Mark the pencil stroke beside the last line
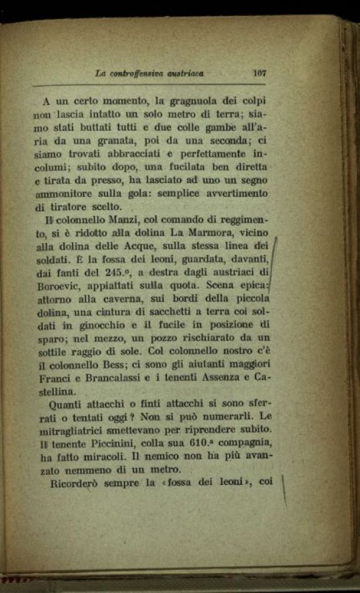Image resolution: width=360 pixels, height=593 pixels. pyautogui.click(x=284, y=491)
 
